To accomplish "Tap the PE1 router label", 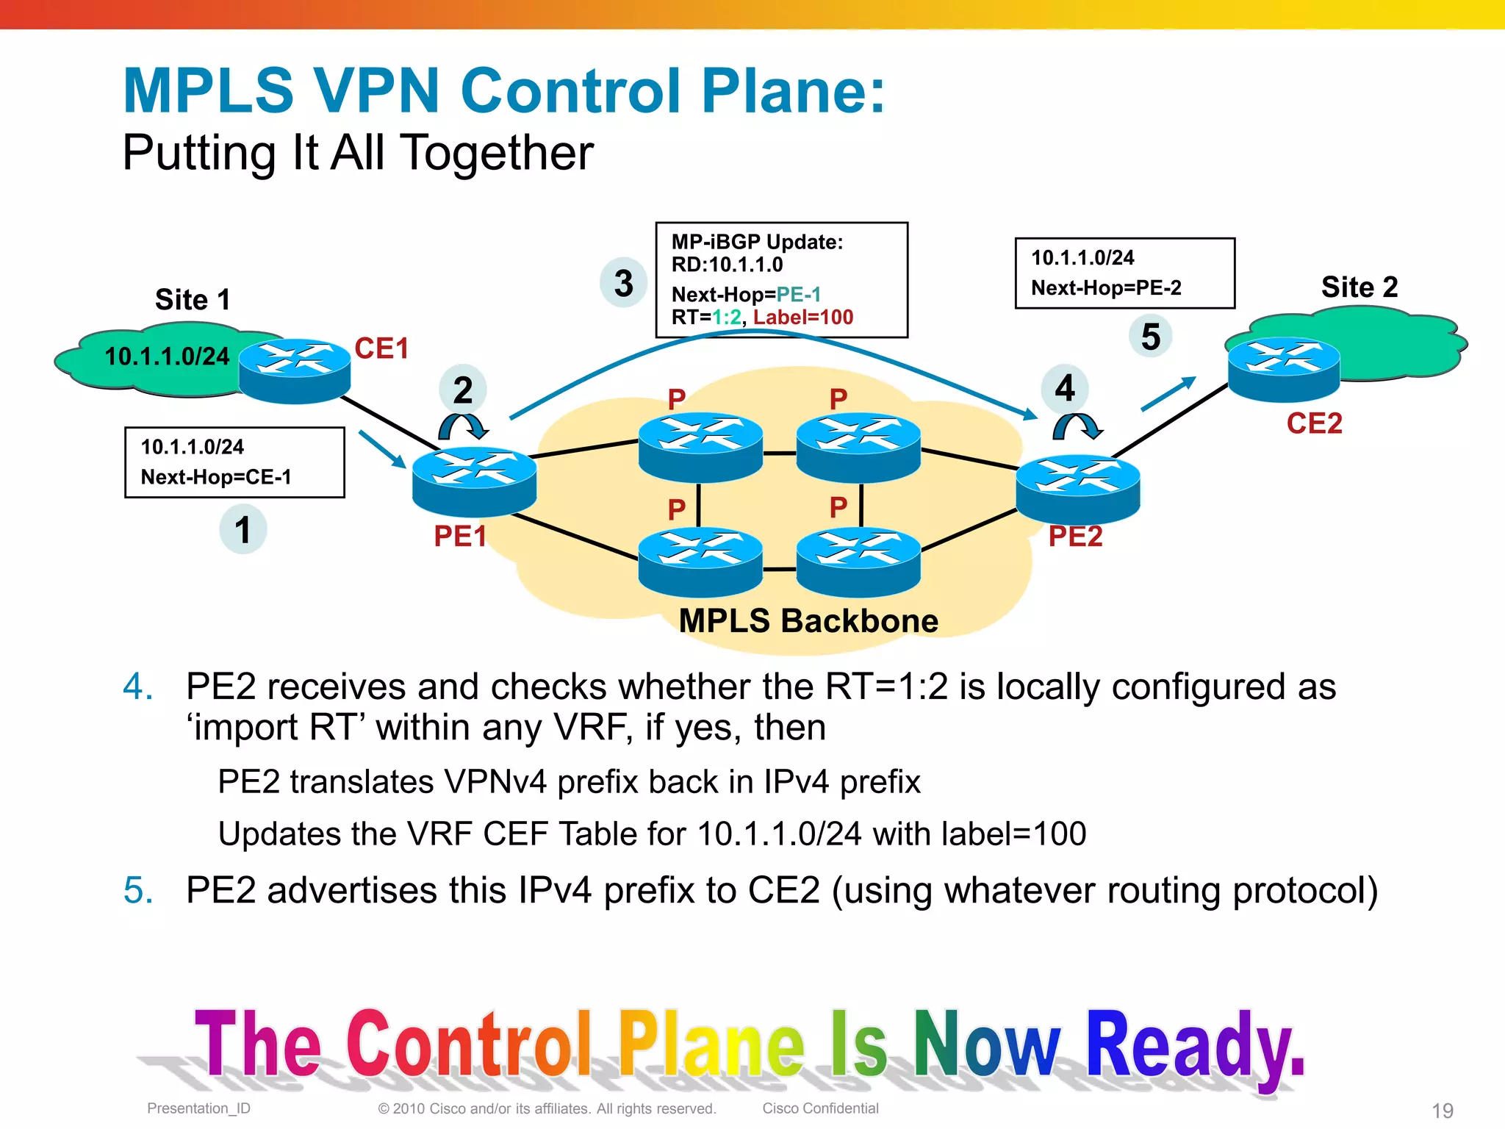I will [x=460, y=536].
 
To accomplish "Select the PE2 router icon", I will [x=1077, y=488].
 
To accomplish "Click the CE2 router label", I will [x=1314, y=423].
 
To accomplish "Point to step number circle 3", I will [x=623, y=283].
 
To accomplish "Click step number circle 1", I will [x=243, y=529].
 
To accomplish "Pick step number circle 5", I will [x=1150, y=337].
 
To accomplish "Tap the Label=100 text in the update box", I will [x=803, y=318].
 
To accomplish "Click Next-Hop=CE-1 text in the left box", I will [x=216, y=477].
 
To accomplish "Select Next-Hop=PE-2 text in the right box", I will [x=1106, y=288].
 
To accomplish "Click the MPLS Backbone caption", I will [x=808, y=621].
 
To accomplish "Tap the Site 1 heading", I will [x=193, y=300].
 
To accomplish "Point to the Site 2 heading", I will [x=1359, y=287].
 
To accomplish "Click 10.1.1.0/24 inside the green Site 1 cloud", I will [x=167, y=356].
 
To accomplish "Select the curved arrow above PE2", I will [x=1077, y=426].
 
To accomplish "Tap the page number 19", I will [x=1442, y=1110].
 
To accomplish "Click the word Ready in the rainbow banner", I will [x=1194, y=1047].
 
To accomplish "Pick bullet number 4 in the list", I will [x=137, y=687].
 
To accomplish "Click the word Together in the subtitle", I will [x=497, y=153].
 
